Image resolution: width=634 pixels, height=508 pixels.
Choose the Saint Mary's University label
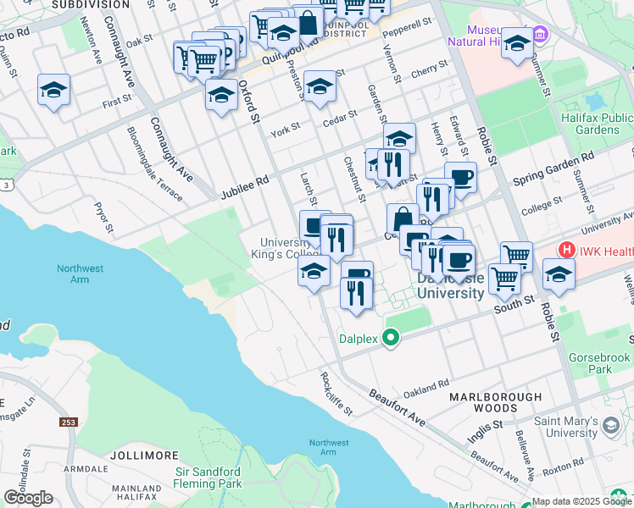pos(565,427)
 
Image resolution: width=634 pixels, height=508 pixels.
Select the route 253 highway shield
pos(69,421)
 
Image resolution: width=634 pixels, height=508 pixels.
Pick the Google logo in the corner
pos(28,497)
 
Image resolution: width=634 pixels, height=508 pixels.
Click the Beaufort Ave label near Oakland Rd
pos(397,407)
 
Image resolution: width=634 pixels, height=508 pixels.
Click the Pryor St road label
pos(104,217)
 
